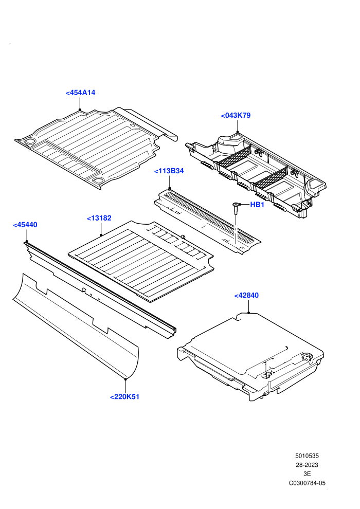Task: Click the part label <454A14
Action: coord(81,93)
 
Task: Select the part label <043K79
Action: coord(236,115)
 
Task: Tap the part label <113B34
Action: coord(169,171)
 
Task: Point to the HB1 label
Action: coord(257,205)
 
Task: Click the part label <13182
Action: coord(99,218)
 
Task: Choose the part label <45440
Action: coord(25,225)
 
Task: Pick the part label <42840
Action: coord(246,295)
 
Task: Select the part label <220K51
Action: coord(124,397)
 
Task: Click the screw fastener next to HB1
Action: coord(235,208)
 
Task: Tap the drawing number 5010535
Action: coord(307,456)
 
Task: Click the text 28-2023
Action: coord(307,465)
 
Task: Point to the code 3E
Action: coord(307,474)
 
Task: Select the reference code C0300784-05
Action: coord(307,483)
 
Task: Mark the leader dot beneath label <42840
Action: coord(248,313)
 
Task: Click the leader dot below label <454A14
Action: coord(80,110)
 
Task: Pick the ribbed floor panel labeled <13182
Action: coord(141,260)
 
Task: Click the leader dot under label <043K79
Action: coord(237,132)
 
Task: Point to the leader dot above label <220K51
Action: coord(125,378)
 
